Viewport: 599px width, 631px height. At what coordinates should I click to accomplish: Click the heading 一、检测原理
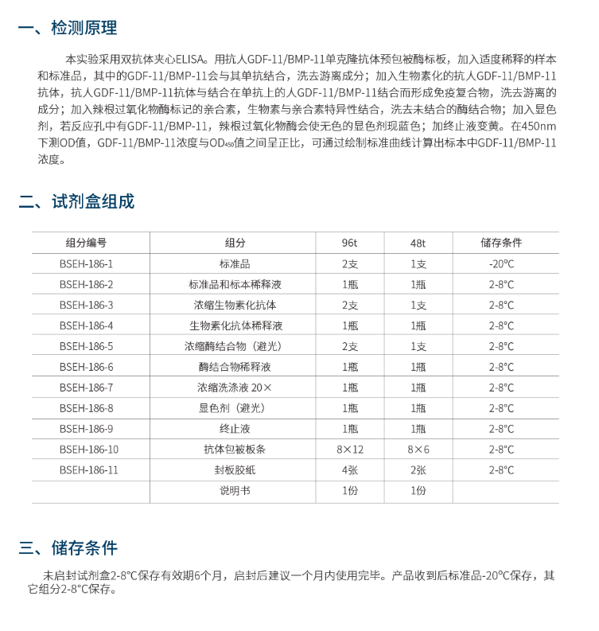coord(68,28)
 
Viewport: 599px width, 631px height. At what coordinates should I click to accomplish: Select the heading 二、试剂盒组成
coord(76,201)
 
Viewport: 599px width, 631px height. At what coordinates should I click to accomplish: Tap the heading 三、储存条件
coord(68,547)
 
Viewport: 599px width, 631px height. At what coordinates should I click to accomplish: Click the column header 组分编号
coord(86,243)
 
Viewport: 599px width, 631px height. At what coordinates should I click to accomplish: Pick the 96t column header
coord(350,243)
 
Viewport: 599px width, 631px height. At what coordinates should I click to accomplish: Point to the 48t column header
coord(418,243)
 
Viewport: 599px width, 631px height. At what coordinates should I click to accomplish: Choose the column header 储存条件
coord(501,243)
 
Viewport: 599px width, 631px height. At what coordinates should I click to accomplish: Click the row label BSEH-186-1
coord(86,263)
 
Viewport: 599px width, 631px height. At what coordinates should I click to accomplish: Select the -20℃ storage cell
coord(501,263)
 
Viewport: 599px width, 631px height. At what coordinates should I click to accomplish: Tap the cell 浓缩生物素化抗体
coord(235,305)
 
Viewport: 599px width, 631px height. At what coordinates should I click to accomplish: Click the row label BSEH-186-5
coord(86,346)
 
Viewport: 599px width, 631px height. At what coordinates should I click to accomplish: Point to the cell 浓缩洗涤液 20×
coord(235,388)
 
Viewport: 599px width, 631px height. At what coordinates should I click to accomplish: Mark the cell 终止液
coord(235,429)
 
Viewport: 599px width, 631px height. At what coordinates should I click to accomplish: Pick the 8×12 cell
coord(350,450)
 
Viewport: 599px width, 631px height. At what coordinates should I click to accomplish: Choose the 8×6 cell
coord(418,450)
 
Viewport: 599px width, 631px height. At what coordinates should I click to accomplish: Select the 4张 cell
coord(350,470)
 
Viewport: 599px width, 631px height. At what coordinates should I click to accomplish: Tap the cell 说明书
coord(235,491)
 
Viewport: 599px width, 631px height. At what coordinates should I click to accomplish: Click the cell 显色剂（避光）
coord(235,408)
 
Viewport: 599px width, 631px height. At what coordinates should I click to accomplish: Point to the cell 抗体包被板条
coord(235,450)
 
